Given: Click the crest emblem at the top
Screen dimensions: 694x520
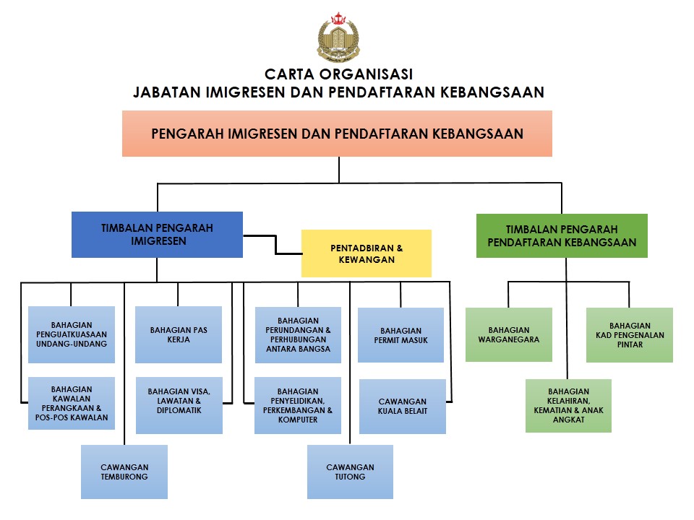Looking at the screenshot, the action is pyautogui.click(x=338, y=38).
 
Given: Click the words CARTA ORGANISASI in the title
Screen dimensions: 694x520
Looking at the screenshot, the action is pyautogui.click(x=338, y=74).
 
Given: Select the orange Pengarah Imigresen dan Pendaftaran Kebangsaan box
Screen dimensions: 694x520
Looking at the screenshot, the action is pyautogui.click(x=338, y=134).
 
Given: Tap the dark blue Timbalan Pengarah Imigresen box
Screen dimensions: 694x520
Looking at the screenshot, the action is pyautogui.click(x=157, y=235).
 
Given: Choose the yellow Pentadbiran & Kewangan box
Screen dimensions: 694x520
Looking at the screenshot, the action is pyautogui.click(x=367, y=253).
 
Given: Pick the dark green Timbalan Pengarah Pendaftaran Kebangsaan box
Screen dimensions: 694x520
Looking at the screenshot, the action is pyautogui.click(x=562, y=235).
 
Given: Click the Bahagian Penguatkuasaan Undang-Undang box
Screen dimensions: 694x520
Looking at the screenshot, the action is pyautogui.click(x=72, y=334).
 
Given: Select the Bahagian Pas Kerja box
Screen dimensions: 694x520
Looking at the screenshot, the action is pyautogui.click(x=179, y=334).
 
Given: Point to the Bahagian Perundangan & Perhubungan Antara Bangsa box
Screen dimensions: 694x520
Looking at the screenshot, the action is pyautogui.click(x=298, y=335).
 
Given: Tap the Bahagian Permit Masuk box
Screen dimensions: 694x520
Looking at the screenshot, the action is pyautogui.click(x=401, y=335).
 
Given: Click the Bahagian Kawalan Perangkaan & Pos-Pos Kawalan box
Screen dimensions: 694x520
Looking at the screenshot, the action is pyautogui.click(x=72, y=403).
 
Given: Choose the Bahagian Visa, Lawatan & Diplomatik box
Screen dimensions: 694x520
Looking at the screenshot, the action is pyautogui.click(x=179, y=405).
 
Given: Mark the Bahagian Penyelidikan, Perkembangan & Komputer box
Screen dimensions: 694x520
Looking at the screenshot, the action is pyautogui.click(x=298, y=405).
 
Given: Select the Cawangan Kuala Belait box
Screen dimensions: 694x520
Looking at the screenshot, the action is pyautogui.click(x=403, y=407).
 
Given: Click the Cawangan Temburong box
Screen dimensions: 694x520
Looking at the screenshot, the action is pyautogui.click(x=124, y=472).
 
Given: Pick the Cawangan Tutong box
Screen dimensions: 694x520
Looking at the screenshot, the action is pyautogui.click(x=350, y=472).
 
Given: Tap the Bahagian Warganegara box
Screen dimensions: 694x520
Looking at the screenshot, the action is pyautogui.click(x=509, y=334).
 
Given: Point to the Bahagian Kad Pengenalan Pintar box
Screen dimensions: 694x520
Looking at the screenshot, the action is pyautogui.click(x=630, y=335).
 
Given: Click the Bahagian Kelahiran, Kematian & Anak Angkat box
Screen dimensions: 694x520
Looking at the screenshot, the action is pyautogui.click(x=569, y=406).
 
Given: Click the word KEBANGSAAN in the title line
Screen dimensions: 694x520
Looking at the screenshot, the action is pyautogui.click(x=492, y=92).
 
